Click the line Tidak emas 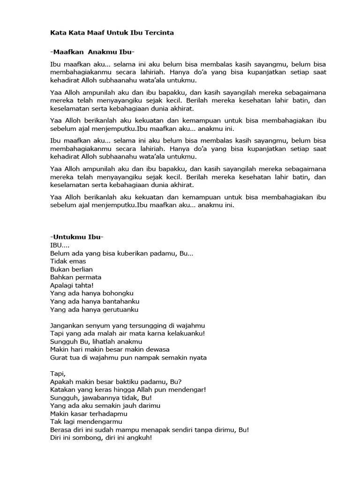click(68, 261)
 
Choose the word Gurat click(59, 358)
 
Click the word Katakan click(63, 390)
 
